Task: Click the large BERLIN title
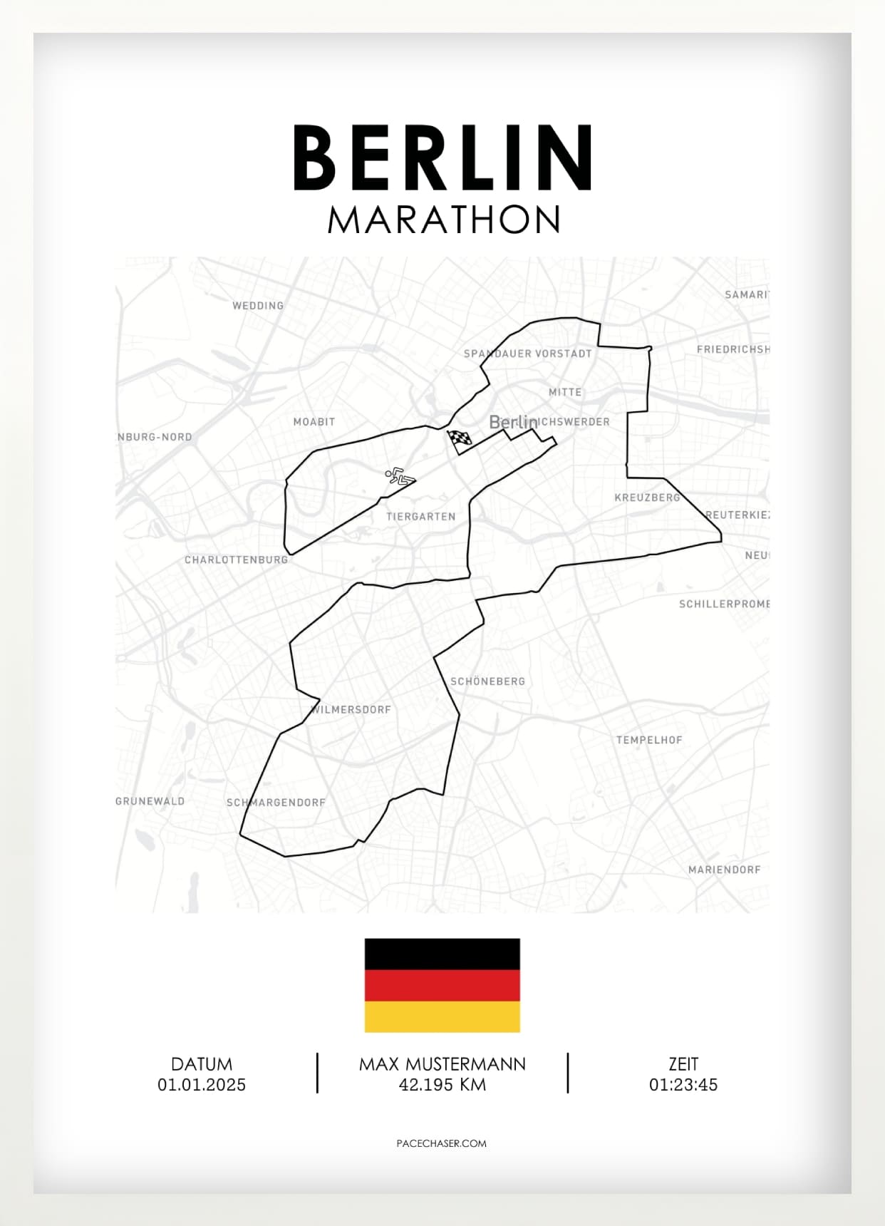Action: click(442, 158)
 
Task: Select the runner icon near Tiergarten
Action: click(400, 476)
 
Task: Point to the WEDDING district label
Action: click(258, 306)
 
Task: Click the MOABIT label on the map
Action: click(314, 422)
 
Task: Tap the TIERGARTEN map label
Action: click(421, 517)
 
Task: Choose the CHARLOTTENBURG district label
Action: click(236, 560)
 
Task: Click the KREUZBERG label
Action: click(647, 498)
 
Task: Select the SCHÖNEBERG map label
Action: click(487, 681)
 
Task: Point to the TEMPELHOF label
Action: click(649, 740)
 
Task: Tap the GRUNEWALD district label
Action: click(150, 801)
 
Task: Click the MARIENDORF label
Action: click(724, 870)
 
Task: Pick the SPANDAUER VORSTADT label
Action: click(527, 354)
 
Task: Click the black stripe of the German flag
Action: click(442, 954)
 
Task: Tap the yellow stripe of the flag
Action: click(442, 1016)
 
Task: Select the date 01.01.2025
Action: click(202, 1085)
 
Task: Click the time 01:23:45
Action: click(683, 1085)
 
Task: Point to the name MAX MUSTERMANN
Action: click(442, 1064)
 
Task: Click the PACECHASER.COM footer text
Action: click(442, 1143)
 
